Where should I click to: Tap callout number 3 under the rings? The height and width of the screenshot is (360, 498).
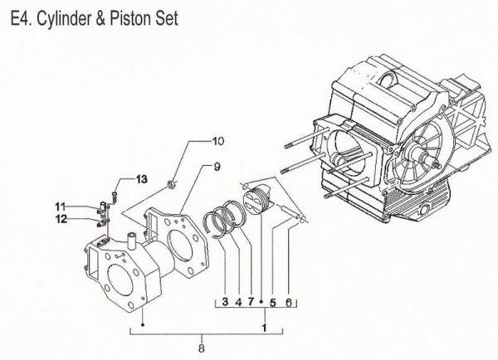[224, 302]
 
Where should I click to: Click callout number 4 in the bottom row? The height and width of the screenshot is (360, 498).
[237, 302]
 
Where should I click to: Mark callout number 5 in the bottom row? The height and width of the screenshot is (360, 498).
[272, 302]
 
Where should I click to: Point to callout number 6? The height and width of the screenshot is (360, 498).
[289, 302]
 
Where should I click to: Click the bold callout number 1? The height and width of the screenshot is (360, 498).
[265, 328]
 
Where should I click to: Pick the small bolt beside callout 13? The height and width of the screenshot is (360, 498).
[115, 196]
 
